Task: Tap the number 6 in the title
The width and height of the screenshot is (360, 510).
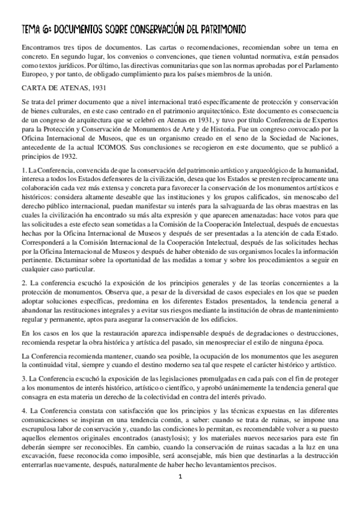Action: pos(45,28)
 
